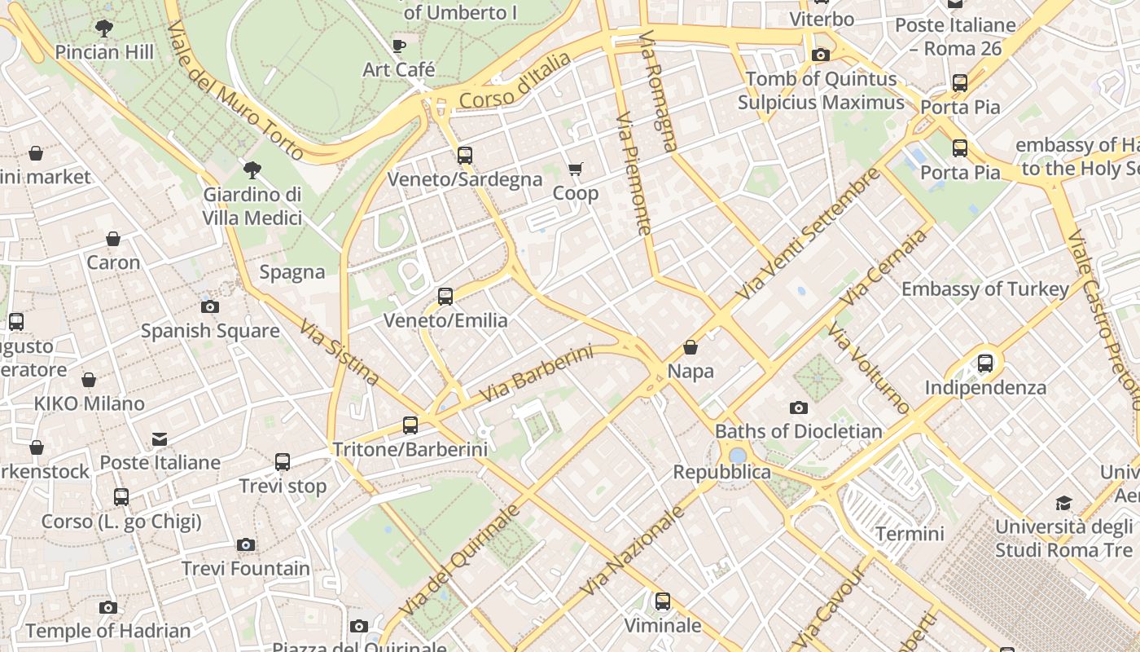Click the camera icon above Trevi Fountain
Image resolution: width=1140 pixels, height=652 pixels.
tap(246, 544)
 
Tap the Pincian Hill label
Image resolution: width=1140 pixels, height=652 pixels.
tap(104, 52)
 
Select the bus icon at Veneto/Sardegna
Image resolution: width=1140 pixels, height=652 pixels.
tap(465, 155)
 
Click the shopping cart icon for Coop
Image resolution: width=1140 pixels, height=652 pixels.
tap(576, 169)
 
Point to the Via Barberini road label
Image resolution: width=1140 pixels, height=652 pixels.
tap(536, 373)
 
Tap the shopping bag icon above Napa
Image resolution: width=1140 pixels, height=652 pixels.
tap(691, 347)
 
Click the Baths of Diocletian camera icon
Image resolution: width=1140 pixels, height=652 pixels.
tap(799, 407)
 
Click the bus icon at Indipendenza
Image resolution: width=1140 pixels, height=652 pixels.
tap(985, 363)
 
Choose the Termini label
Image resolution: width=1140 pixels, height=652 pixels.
tap(910, 534)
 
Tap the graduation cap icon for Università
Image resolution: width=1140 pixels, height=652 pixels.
tap(1063, 503)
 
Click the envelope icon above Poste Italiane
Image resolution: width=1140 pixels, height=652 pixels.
tap(160, 439)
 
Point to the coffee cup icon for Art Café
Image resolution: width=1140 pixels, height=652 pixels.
tap(398, 46)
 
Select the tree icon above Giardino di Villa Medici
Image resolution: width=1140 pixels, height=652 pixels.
tap(252, 170)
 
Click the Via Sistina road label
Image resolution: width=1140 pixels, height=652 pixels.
tap(339, 352)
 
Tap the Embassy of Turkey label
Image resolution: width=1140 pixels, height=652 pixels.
tap(985, 289)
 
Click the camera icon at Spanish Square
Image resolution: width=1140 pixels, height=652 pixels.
tap(210, 306)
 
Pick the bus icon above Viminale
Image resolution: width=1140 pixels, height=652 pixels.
tap(663, 601)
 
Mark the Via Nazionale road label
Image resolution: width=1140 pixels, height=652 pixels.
tap(633, 551)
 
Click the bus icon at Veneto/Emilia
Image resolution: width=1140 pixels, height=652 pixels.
tap(445, 297)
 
